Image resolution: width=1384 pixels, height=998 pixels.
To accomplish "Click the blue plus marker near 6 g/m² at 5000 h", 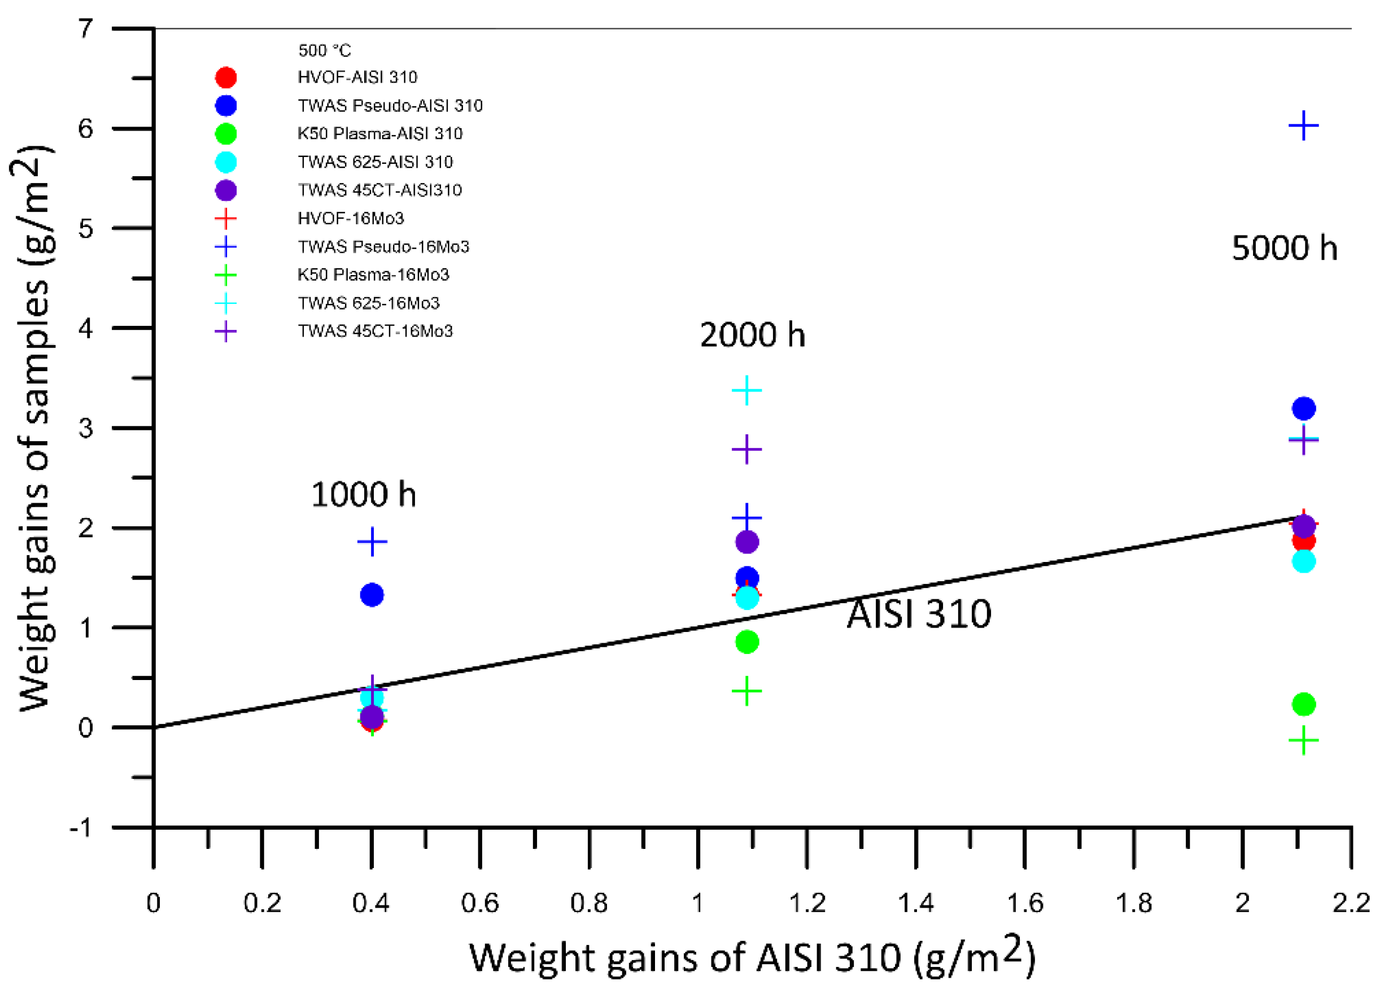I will [x=1303, y=126].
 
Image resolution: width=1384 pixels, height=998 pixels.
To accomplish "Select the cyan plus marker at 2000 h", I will [x=746, y=391].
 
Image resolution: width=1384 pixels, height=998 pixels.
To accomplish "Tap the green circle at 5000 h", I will [x=1303, y=704].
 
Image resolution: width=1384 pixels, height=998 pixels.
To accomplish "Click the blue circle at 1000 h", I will [x=372, y=595].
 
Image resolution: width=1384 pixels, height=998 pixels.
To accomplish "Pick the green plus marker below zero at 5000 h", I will [x=1303, y=741].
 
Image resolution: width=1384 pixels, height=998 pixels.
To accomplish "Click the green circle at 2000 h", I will [x=747, y=642].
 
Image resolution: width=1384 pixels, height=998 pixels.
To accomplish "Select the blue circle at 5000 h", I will [x=1303, y=408].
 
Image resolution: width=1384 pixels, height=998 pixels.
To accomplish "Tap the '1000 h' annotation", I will [x=364, y=494].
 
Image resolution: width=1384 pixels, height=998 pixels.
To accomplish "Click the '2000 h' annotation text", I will [x=752, y=334].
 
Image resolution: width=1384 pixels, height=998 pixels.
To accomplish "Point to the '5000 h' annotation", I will [x=1284, y=248].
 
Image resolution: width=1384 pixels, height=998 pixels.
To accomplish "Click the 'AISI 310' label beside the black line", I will [x=919, y=613].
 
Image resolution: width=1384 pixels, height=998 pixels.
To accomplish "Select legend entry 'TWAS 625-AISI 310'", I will [x=375, y=162].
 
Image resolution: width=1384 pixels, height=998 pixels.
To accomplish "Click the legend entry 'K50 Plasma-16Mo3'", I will [x=373, y=274].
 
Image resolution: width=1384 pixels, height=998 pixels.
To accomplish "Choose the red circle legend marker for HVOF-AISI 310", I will [x=226, y=77].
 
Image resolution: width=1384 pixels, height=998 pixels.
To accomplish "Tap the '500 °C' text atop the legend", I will [x=324, y=50].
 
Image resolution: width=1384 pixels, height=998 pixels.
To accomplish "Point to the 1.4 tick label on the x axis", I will [x=915, y=903].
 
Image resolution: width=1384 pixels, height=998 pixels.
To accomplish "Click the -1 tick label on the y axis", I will [x=81, y=829].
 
